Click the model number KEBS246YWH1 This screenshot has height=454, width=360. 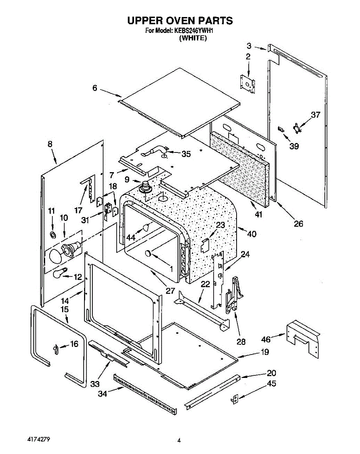pos(196,31)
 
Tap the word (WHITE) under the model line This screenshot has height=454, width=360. pos(193,38)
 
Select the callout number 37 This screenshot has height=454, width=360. pos(315,115)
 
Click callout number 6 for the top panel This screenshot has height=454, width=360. pos(95,88)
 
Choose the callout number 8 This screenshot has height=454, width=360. pos(50,144)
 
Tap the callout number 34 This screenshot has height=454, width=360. pos(102,393)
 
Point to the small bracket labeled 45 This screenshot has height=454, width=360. pos(235,399)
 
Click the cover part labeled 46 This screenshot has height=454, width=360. pos(304,338)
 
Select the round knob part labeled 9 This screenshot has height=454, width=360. pos(145,187)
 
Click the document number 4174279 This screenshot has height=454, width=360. pos(39,440)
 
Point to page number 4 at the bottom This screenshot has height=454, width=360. pos(179,440)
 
